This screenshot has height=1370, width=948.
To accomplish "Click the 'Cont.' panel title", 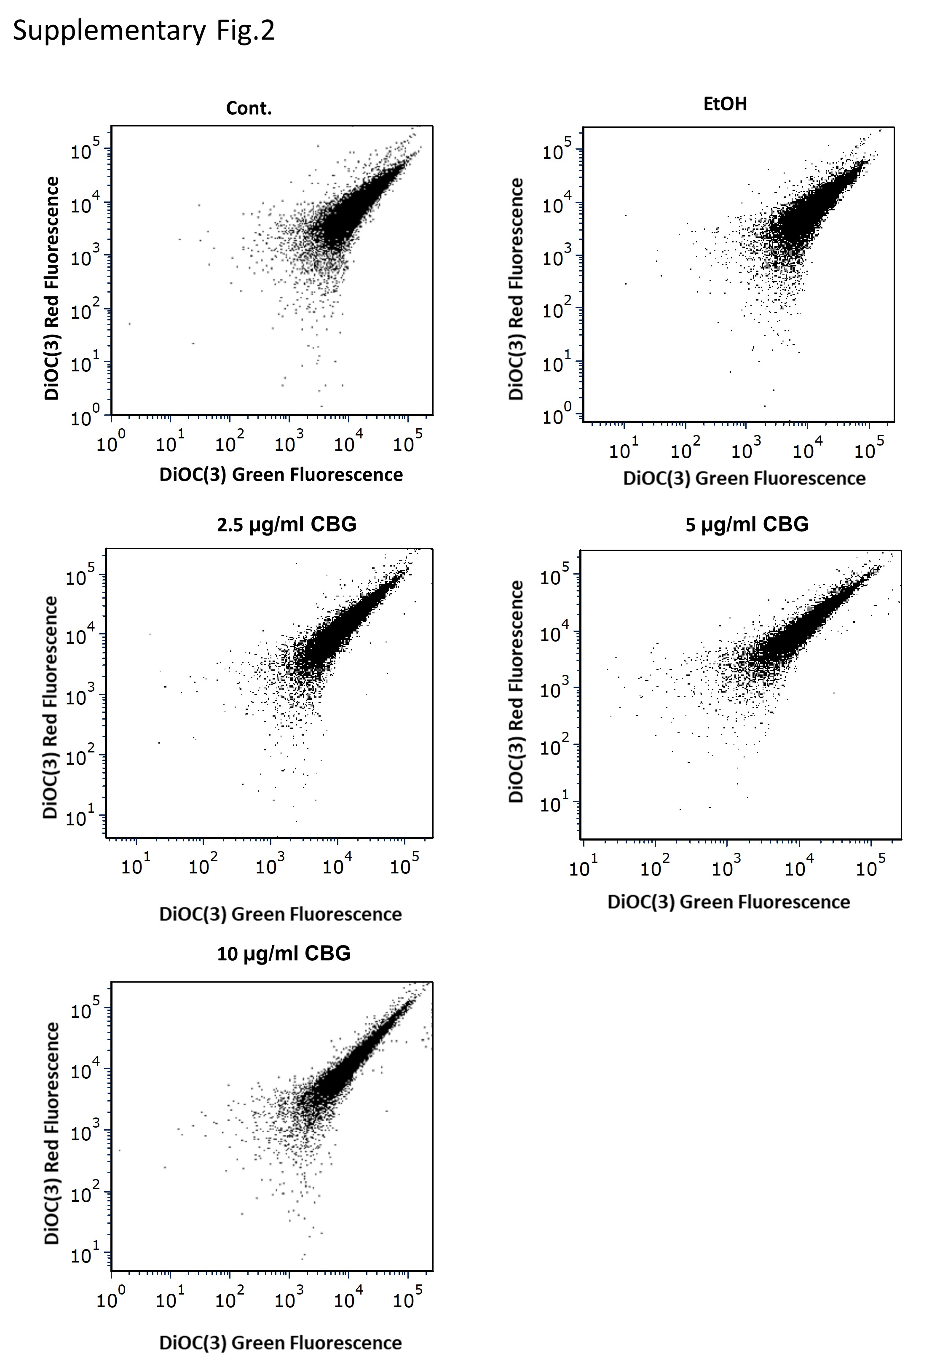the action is coord(249,108).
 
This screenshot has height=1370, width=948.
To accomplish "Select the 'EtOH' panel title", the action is coord(725,104).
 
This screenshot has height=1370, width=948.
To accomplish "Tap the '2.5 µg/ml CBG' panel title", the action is coord(287,524).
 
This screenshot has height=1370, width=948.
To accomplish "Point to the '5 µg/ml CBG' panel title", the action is coord(747,524).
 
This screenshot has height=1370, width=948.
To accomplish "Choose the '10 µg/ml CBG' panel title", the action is coord(284,954).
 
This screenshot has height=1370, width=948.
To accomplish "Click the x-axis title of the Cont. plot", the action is coord(281,475).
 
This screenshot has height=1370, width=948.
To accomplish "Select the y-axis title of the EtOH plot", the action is coord(516,289).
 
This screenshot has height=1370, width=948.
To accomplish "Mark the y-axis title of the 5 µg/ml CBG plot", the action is coord(516,692).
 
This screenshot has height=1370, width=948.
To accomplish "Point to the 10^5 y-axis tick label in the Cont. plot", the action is coord(85,150).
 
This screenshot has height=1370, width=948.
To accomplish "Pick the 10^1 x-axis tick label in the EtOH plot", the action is coord(624,449).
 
